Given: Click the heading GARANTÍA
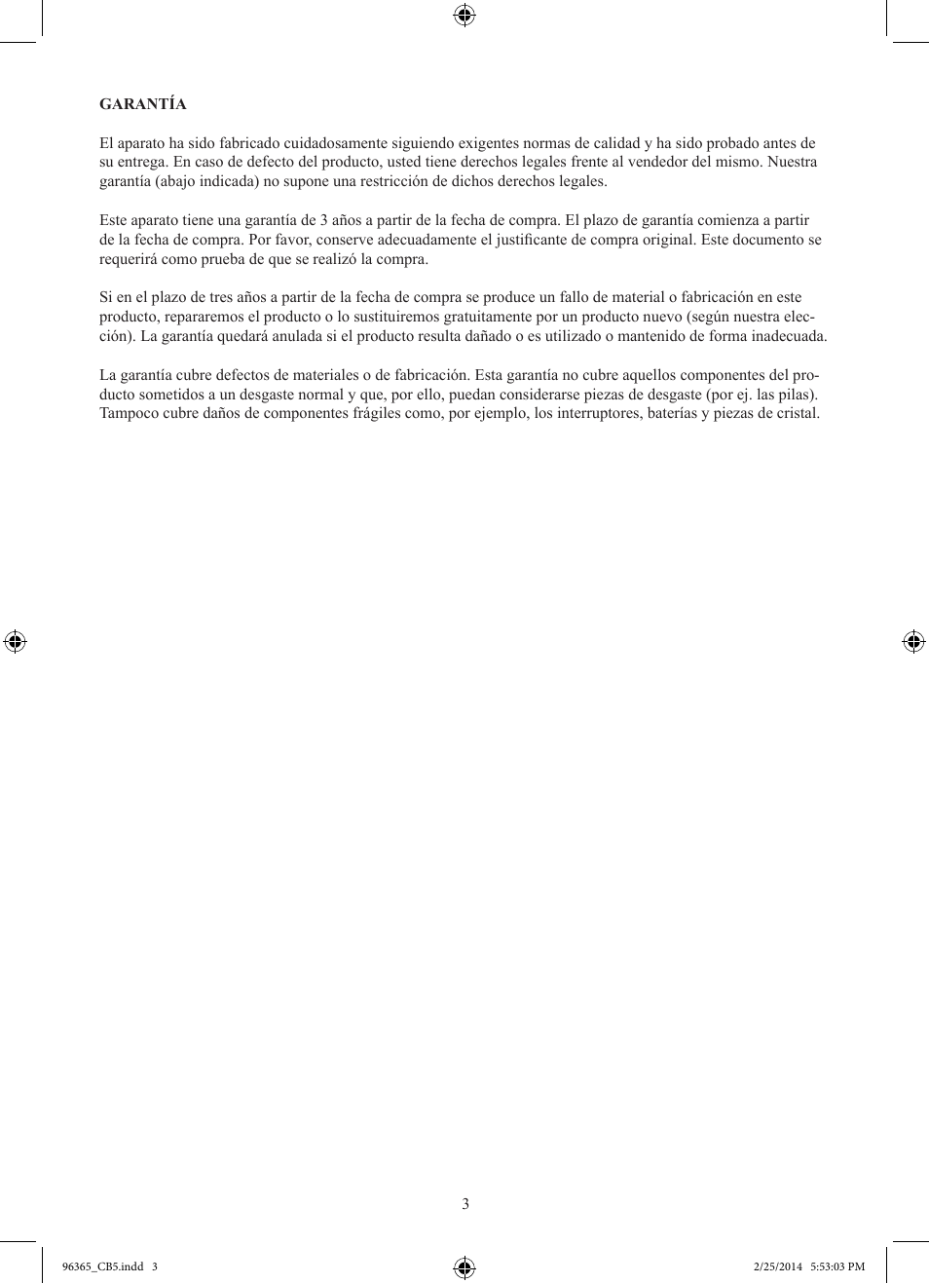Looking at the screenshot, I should click(x=142, y=104).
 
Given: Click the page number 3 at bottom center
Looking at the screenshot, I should click(x=465, y=1204).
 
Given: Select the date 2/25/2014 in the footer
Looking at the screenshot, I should click(x=778, y=1266).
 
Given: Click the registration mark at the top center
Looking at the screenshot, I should click(x=464, y=15).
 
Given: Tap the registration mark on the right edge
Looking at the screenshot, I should click(x=913, y=641).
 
